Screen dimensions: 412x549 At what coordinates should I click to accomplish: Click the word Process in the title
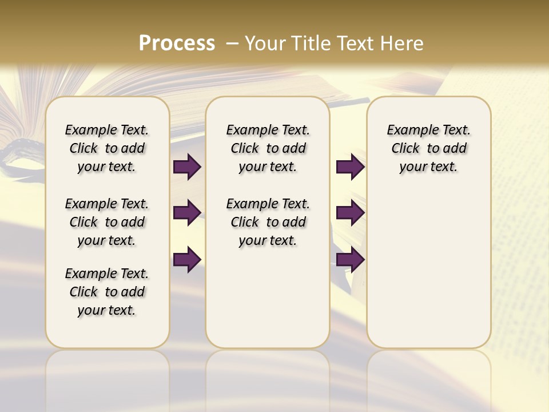point(177,43)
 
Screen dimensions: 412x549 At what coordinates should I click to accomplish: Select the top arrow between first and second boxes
point(187,167)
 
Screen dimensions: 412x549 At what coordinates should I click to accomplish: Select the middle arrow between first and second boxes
point(187,213)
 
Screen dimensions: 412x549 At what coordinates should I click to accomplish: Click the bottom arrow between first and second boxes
point(187,260)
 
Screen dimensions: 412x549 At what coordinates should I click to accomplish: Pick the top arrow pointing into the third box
point(350,167)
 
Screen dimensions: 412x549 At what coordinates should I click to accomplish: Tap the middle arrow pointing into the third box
point(350,213)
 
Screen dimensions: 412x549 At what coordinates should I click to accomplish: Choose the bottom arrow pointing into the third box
point(350,260)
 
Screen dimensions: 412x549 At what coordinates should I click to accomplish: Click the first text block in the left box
point(107,148)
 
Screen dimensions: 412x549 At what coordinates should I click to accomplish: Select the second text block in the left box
point(107,222)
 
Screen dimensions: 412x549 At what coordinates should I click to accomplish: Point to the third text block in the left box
point(107,292)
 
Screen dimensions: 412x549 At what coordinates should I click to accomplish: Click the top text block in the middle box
point(268,148)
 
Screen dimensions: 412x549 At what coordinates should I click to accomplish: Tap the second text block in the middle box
point(268,222)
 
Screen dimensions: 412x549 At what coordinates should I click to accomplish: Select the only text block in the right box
point(428,148)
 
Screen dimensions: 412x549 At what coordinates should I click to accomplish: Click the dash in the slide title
point(233,43)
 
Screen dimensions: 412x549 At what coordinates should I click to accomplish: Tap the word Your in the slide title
point(265,43)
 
